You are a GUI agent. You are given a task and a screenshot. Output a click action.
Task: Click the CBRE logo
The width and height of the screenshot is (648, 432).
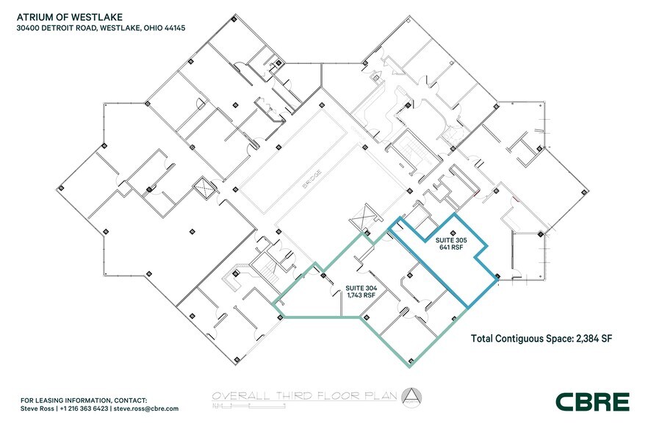coord(592,401)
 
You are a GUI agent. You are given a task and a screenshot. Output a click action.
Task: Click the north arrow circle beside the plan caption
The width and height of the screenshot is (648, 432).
coord(410,395)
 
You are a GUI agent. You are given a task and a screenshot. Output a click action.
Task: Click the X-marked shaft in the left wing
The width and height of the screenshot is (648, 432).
coord(202,188)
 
